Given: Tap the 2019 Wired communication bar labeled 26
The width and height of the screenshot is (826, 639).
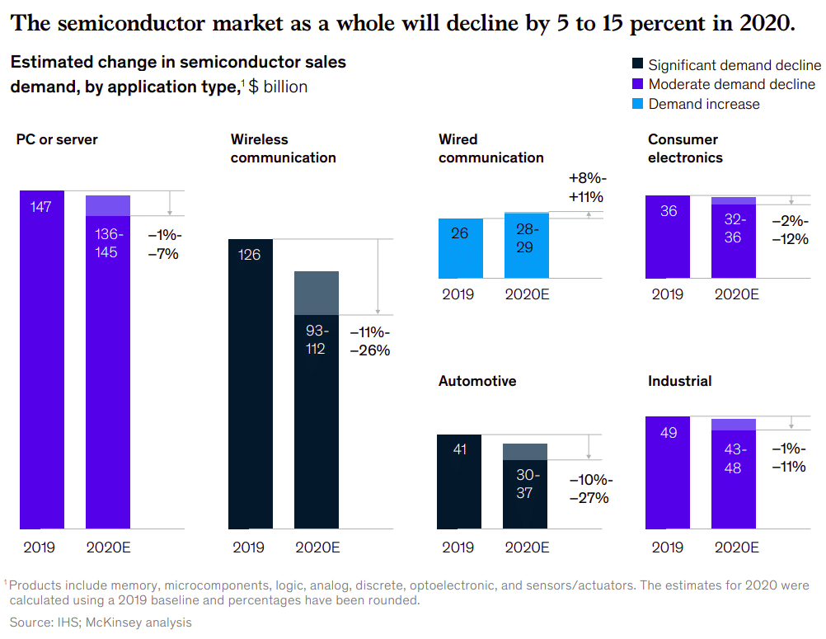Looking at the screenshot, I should [x=460, y=248].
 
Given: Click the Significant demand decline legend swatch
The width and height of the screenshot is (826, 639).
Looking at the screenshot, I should [x=637, y=65].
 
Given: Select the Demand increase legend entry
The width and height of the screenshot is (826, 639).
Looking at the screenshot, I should [x=703, y=104].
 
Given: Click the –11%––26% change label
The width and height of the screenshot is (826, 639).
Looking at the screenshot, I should [x=369, y=341].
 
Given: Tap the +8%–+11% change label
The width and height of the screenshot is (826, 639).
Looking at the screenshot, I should [x=587, y=188].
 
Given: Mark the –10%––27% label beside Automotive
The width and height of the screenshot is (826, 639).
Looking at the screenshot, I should [x=589, y=489].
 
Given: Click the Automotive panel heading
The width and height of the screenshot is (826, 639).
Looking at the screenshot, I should [x=477, y=381].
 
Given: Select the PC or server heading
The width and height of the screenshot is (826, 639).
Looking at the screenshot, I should [x=57, y=139].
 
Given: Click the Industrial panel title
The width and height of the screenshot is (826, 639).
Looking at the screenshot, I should [x=679, y=381].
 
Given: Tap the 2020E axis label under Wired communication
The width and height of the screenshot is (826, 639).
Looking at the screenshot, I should [x=526, y=294].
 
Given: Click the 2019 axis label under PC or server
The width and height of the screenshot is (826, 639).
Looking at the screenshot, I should [x=39, y=547].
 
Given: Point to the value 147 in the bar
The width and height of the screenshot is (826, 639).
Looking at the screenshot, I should [x=41, y=207].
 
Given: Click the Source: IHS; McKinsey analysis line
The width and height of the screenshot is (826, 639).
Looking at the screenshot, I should [x=101, y=623].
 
